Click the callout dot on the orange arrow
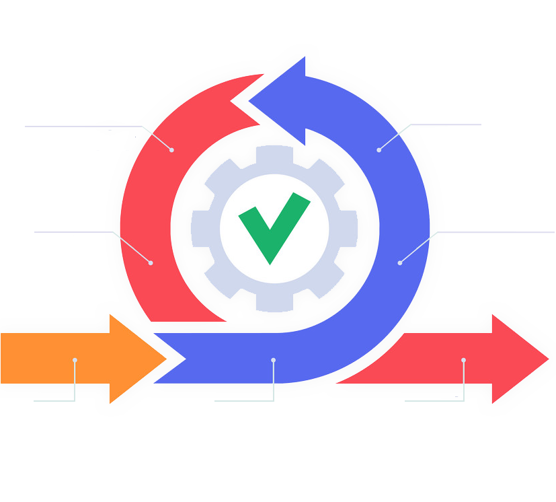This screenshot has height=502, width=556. pyautogui.click(x=75, y=360)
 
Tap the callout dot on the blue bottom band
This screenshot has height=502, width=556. pyautogui.click(x=273, y=360)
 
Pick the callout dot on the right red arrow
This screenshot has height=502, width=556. pyautogui.click(x=463, y=360)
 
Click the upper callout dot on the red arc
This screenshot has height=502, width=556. pyautogui.click(x=171, y=149)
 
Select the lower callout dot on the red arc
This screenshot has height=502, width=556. pyautogui.click(x=151, y=262)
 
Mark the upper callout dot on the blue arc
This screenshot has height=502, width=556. pyautogui.click(x=379, y=149)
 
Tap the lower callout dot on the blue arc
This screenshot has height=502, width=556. pyautogui.click(x=399, y=262)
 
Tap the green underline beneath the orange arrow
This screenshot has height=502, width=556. pyautogui.click(x=54, y=400)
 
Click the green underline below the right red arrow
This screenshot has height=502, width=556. pyautogui.click(x=434, y=401)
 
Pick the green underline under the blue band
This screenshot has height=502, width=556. pyautogui.click(x=243, y=401)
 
